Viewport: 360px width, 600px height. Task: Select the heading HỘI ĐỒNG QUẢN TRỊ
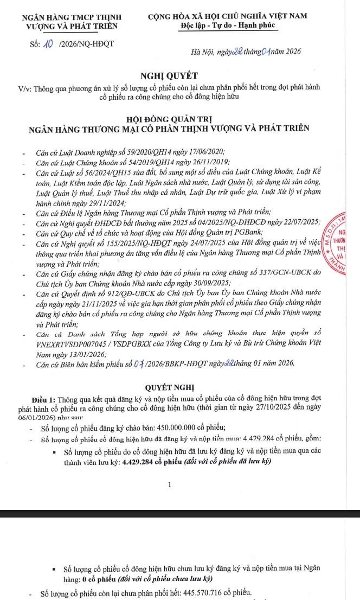[170, 118]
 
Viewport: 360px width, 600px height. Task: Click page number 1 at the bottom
[170, 484]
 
